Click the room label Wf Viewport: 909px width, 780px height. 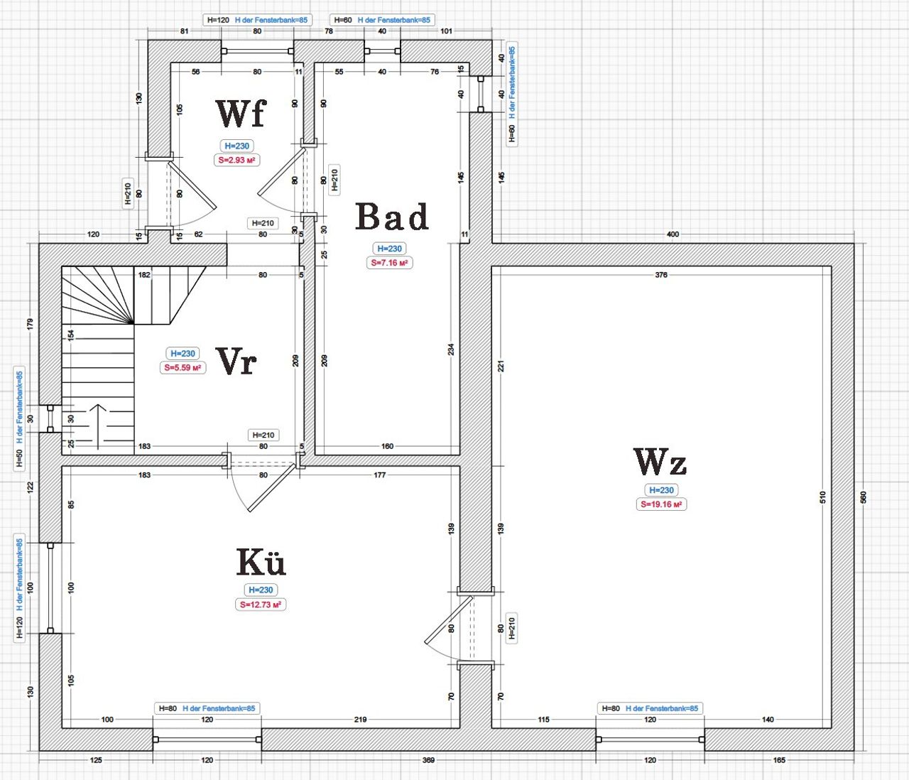pyautogui.click(x=241, y=114)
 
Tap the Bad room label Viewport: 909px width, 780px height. pyautogui.click(x=392, y=217)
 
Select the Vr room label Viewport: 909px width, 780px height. pyautogui.click(x=236, y=362)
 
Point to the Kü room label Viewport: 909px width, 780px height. pyautogui.click(x=261, y=562)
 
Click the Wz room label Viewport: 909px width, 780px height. pyautogui.click(x=660, y=462)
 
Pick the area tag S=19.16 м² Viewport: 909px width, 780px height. pyautogui.click(x=661, y=504)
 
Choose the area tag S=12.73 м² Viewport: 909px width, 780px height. pyautogui.click(x=261, y=605)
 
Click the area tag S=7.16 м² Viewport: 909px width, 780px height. pyautogui.click(x=389, y=263)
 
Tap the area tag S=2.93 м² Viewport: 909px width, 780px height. pyautogui.click(x=236, y=160)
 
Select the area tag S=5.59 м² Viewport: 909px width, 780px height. pyautogui.click(x=183, y=367)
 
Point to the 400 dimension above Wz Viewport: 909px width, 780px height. pyautogui.click(x=673, y=234)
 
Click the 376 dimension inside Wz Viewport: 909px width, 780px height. pyautogui.click(x=661, y=275)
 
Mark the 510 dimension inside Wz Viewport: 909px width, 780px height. pyautogui.click(x=822, y=497)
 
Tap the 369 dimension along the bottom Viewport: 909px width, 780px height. pyautogui.click(x=428, y=760)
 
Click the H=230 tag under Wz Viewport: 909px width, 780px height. pyautogui.click(x=661, y=490)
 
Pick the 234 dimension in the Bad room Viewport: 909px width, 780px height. pyautogui.click(x=451, y=350)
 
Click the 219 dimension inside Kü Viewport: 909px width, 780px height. pyautogui.click(x=360, y=720)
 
